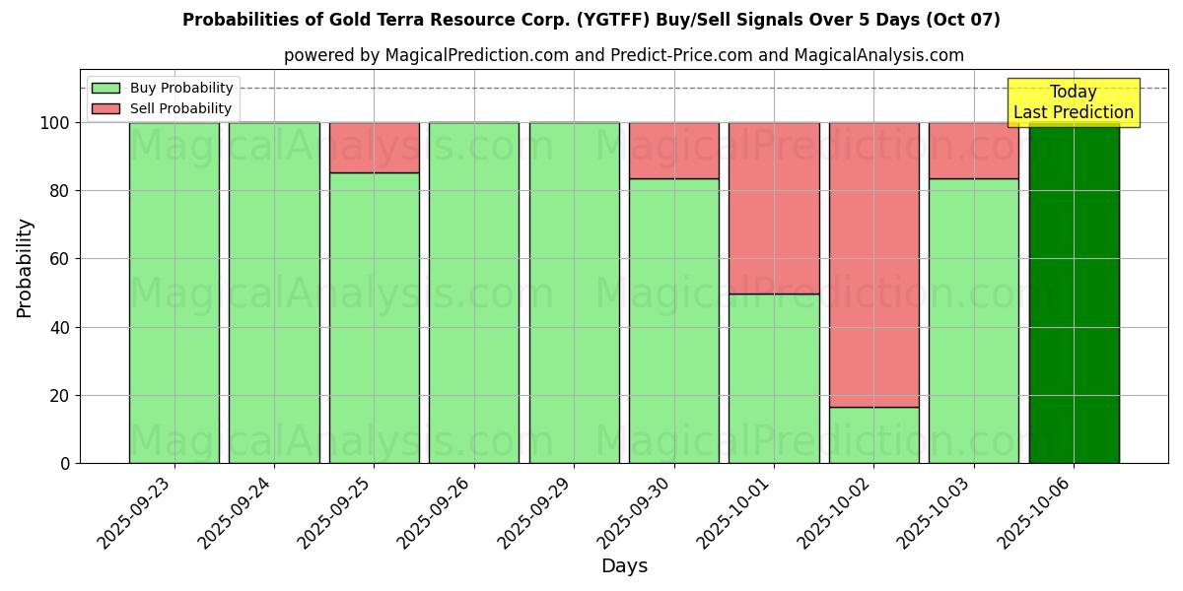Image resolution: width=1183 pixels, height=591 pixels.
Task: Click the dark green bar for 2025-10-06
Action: tap(1074, 293)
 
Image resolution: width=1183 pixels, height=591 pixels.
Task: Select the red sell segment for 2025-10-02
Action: tap(873, 264)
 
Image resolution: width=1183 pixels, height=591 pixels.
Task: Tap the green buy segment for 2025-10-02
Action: tap(873, 434)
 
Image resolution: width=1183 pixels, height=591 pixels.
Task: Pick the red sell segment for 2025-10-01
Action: tap(774, 208)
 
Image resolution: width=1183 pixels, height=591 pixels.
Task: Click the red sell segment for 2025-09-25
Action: tap(374, 148)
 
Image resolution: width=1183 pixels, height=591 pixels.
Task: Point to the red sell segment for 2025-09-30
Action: tap(674, 151)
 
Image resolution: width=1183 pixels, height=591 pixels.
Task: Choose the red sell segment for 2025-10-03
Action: tap(974, 151)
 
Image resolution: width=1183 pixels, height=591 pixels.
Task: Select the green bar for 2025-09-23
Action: tap(174, 293)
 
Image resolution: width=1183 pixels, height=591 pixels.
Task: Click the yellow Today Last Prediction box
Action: tap(1073, 102)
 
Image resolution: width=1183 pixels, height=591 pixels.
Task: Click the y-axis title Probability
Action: tap(25, 268)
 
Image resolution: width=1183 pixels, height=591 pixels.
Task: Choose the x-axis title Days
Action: tap(624, 566)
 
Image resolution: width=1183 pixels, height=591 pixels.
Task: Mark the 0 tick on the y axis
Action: tap(65, 463)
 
